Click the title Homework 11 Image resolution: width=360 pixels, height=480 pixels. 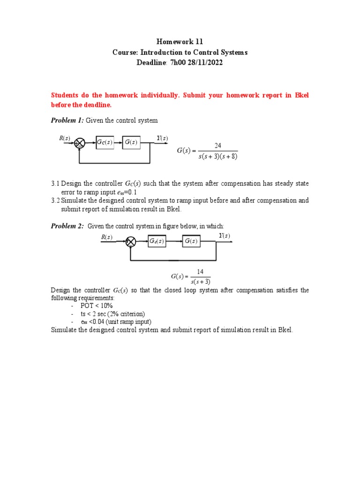pos(180,42)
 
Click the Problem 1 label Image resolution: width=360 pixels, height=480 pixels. pos(67,120)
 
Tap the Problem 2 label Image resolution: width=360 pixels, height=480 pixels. pos(67,226)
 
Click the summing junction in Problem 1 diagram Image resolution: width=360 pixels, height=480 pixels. pos(81,142)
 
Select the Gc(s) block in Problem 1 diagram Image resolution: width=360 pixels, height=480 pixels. pos(105,142)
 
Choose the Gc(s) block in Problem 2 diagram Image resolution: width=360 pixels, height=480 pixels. pos(157,241)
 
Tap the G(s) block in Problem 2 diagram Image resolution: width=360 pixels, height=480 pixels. pos(191,241)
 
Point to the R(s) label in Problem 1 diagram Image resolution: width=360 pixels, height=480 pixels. pos(64,138)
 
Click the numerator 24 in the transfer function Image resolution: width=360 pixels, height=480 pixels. pos(217,146)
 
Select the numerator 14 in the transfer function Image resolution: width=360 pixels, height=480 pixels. pos(200,272)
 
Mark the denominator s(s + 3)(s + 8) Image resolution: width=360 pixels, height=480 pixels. pos(217,156)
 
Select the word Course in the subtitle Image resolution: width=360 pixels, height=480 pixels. pos(124,52)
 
